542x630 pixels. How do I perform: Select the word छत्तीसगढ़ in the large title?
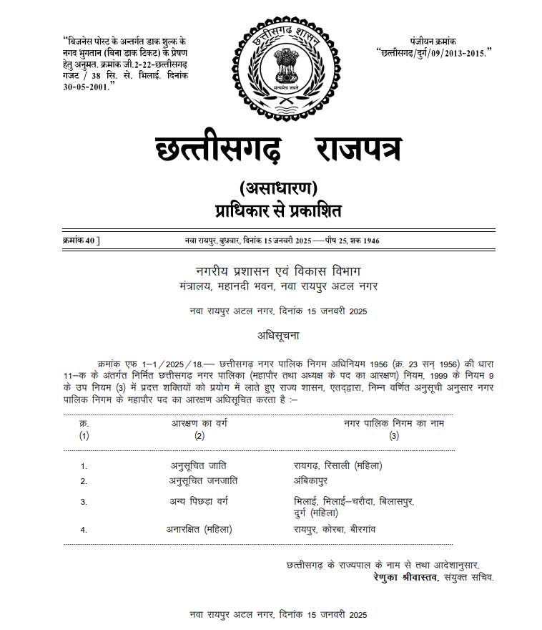coord(219,149)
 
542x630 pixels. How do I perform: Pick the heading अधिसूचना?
coord(278,334)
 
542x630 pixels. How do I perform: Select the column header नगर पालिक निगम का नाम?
coord(394,424)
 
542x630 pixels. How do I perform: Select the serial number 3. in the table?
coord(84,502)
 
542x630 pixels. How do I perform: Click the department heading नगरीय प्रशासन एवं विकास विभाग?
coord(278,271)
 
